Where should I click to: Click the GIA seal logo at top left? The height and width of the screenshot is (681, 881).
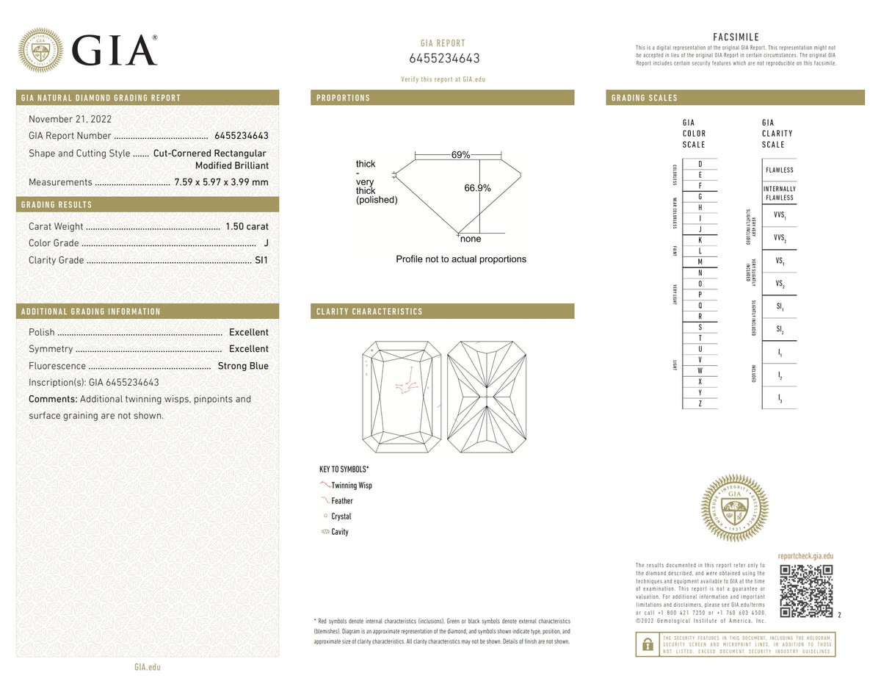pos(40,51)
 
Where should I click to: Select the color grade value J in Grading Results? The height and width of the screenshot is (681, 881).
pos(265,243)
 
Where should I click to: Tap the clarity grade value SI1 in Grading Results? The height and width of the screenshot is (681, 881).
pos(261,260)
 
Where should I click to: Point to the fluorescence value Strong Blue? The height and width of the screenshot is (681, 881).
pos(243,366)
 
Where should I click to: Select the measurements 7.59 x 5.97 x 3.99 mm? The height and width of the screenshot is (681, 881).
pos(221,182)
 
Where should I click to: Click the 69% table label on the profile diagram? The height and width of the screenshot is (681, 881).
pos(460,155)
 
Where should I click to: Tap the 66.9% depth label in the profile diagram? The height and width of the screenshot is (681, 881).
pos(477,188)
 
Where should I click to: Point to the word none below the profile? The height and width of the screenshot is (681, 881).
pos(471,239)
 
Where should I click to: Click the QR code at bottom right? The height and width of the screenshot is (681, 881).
pos(806,591)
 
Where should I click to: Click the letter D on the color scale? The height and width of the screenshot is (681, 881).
pos(700,163)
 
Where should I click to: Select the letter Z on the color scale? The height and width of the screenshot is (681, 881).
pos(700,403)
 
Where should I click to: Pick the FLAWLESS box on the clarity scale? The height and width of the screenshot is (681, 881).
pos(779,170)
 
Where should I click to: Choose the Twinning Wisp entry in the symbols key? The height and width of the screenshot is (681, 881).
pos(351,486)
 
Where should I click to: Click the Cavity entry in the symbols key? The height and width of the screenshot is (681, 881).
pos(339,532)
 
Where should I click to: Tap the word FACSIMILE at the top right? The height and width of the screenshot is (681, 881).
pos(736,37)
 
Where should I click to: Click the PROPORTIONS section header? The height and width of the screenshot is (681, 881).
pos(343,98)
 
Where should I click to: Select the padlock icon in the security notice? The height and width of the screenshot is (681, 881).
pos(648,644)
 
